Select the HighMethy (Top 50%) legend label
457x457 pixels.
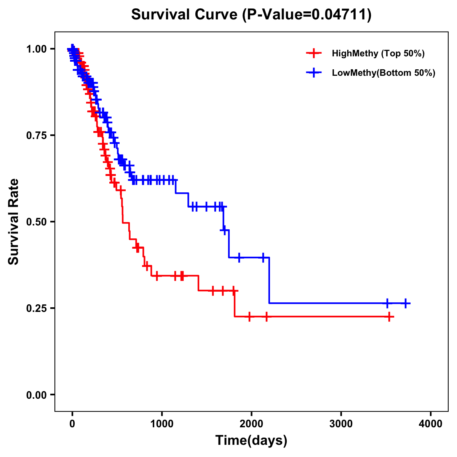tap(378, 53)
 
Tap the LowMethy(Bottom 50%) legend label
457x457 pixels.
tap(383, 73)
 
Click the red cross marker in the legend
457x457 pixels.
tap(314, 53)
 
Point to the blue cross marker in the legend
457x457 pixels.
tap(314, 73)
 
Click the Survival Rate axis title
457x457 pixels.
tap(14, 222)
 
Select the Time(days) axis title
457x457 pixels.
tap(251, 441)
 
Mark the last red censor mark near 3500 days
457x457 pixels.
tap(389, 316)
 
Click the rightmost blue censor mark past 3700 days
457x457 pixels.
tap(406, 303)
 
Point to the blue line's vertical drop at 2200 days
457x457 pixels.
tap(269, 280)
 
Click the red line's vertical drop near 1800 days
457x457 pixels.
tap(235, 304)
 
